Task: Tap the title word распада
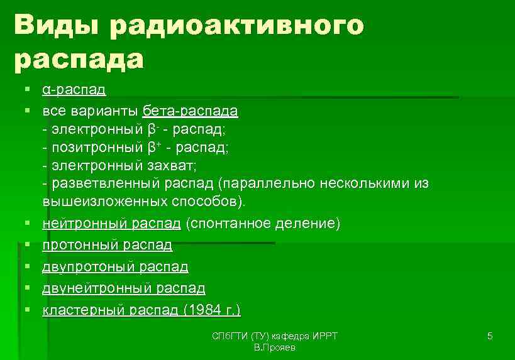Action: coord(78,58)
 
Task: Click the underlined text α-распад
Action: coord(74,90)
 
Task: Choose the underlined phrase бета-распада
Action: coord(190,111)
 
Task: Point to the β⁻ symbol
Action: coord(152,132)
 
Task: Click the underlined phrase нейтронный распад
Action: coord(112,223)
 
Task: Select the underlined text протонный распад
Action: coord(107,245)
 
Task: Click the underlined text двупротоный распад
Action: coord(115,266)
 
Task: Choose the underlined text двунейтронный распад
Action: coord(124,288)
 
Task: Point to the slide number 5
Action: coord(490,337)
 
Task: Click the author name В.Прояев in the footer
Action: coord(275,347)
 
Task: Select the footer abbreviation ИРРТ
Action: coord(325,337)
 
